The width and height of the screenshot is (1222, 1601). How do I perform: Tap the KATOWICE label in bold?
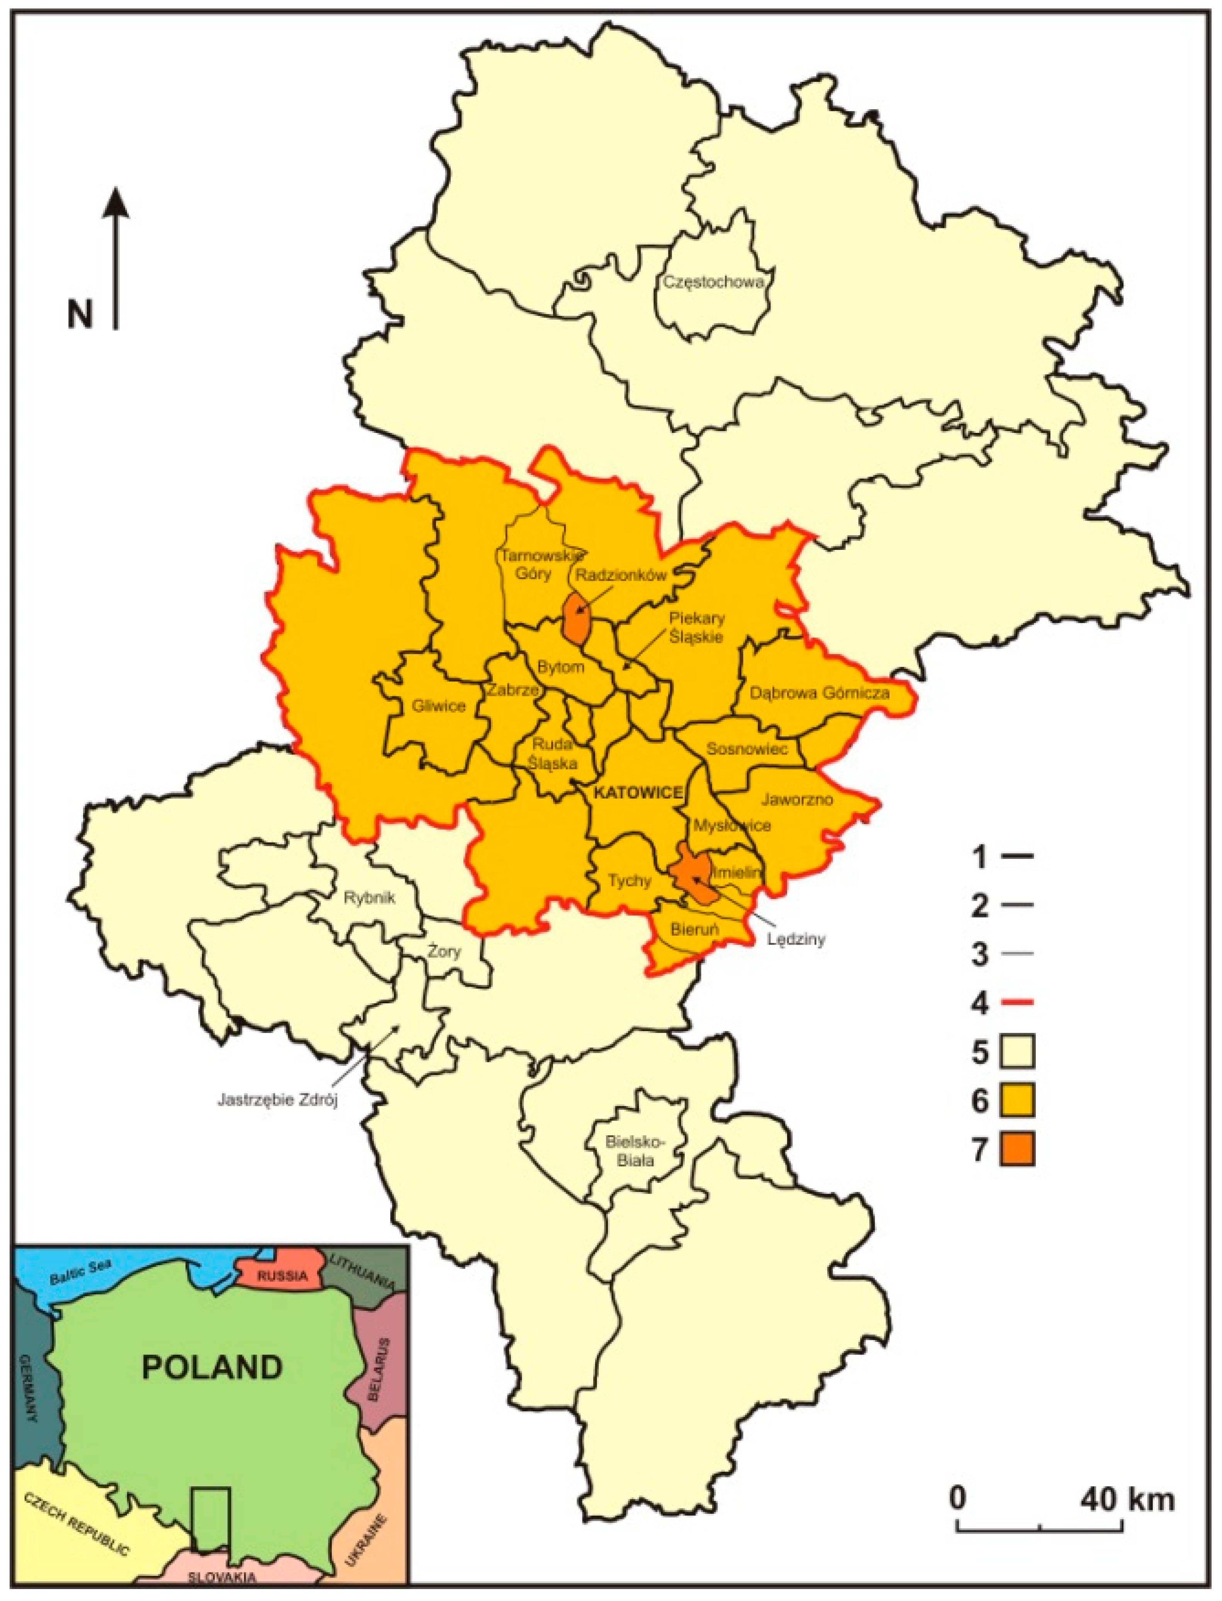tap(638, 793)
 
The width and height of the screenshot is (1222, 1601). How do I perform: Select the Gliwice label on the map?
tap(438, 705)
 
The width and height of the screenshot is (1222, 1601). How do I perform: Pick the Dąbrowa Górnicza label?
tap(820, 693)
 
